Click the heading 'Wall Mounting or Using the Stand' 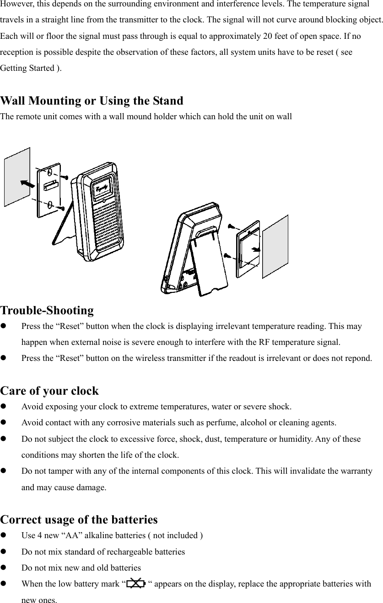(x=92, y=100)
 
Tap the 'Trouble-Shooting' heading (x=47, y=311)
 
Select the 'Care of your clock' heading (x=49, y=391)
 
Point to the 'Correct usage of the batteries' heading (x=79, y=520)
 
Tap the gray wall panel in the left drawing (x=17, y=177)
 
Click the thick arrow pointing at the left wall (x=27, y=183)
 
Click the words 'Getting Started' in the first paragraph (x=27, y=69)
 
